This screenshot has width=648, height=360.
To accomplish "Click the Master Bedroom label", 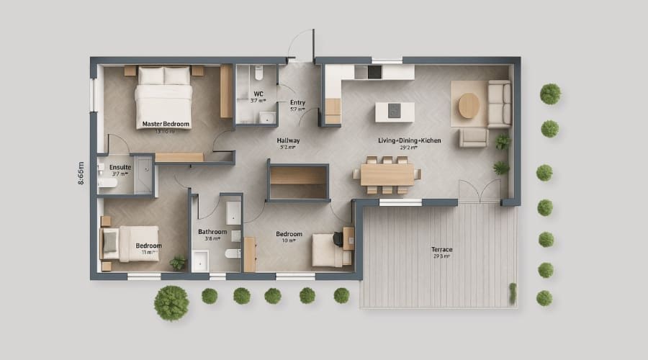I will pos(166,124).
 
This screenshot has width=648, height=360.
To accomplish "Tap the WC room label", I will pos(258,94).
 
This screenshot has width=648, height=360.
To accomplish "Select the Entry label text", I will pos(297,103).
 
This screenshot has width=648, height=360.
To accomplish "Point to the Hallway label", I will pos(288,141).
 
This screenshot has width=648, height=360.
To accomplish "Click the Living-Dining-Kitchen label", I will pos(410,140).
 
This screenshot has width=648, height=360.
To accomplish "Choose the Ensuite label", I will pos(120,167).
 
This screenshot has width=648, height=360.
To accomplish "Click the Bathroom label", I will pos(212,232).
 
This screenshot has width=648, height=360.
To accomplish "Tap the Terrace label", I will pos(441,250).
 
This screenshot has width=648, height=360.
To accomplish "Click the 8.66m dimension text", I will pos(81,174).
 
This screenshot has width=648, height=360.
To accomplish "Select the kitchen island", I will pos(395,111).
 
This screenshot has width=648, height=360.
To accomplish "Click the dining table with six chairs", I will pos(387,174).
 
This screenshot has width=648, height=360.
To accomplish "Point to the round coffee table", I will pos(469,106).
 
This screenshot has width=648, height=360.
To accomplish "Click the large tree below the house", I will pos(171,302).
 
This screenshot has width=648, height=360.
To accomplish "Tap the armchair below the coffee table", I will pos(473,137).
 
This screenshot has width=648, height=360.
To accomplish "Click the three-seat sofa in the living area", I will pos(499,104).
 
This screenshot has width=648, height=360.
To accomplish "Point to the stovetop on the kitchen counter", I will pos(374,71).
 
